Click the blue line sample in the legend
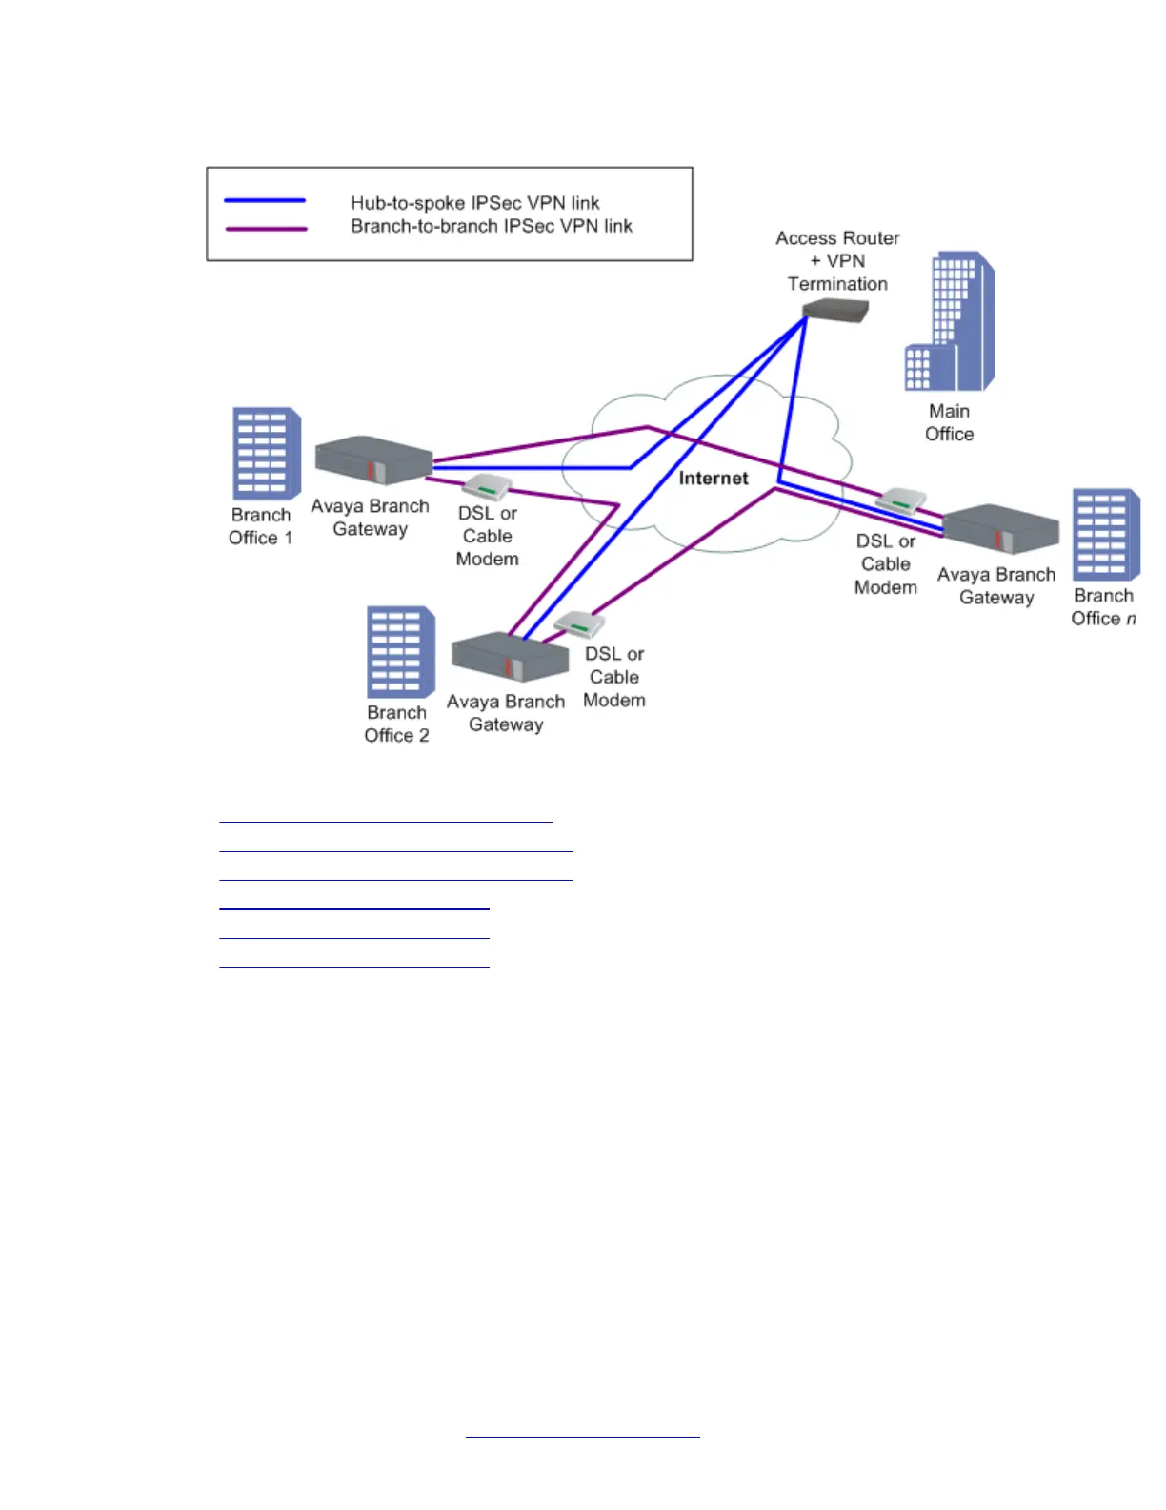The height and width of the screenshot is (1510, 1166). click(265, 200)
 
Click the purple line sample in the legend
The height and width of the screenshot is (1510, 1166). click(266, 229)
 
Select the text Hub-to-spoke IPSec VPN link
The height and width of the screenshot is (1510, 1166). click(474, 203)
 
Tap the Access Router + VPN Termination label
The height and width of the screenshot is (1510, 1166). click(837, 260)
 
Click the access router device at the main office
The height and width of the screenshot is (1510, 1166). click(835, 310)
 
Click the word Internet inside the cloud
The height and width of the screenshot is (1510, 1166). click(714, 479)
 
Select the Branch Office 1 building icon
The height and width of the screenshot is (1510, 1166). click(267, 454)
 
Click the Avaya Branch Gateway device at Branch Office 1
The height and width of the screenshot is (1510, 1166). click(372, 459)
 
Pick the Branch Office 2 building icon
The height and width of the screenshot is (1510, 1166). click(401, 652)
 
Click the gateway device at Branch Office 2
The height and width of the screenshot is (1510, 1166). click(510, 657)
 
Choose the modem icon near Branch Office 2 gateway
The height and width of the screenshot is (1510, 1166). click(579, 624)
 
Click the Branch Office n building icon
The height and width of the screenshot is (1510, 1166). click(1105, 535)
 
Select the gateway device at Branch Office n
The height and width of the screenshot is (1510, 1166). click(1000, 529)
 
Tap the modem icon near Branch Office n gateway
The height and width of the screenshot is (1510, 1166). click(900, 500)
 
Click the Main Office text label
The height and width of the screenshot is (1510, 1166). click(949, 422)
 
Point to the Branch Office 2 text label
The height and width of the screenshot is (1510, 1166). click(396, 724)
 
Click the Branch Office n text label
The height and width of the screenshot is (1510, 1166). click(1103, 607)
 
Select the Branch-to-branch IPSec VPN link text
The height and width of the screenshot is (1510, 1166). click(492, 226)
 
